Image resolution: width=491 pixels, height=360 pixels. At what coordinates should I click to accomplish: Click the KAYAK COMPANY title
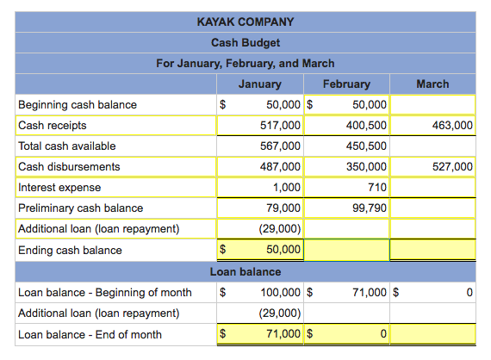click(x=245, y=22)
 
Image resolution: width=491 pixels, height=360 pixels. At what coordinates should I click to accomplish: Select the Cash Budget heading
click(x=245, y=42)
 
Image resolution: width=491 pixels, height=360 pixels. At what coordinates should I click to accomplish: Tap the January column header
click(x=259, y=84)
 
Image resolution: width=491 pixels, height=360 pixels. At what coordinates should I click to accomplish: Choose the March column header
click(x=432, y=84)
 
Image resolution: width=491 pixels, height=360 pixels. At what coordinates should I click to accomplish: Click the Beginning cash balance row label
click(x=78, y=105)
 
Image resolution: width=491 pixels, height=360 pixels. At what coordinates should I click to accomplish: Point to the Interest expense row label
click(x=59, y=187)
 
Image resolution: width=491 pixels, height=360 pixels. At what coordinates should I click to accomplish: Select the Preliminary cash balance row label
click(x=81, y=208)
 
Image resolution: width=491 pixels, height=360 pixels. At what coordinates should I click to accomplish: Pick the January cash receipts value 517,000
click(x=281, y=126)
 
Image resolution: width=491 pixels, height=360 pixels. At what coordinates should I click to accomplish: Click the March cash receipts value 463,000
click(x=451, y=126)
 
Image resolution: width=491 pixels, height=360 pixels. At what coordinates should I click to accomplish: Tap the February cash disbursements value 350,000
click(x=366, y=166)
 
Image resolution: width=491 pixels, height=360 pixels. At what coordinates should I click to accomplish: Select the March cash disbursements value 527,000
click(x=451, y=166)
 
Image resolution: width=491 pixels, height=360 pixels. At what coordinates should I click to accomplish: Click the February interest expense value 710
click(x=376, y=187)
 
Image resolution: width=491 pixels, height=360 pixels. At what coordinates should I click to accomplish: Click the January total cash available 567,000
click(x=281, y=146)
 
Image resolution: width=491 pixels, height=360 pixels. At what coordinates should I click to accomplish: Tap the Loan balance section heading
click(x=245, y=271)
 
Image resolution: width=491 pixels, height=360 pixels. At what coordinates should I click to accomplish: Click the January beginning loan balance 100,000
click(x=281, y=293)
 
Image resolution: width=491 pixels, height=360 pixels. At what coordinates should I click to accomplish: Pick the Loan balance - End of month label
click(x=90, y=334)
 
